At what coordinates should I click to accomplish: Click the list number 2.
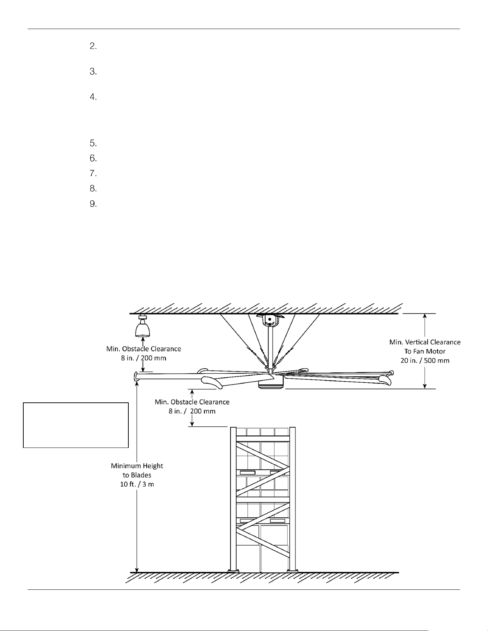pos(93,46)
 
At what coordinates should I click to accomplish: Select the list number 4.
pos(93,97)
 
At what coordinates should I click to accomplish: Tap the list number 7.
pos(93,173)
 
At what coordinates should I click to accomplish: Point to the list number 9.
pos(93,204)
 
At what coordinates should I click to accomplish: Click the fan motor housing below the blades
pos(271,384)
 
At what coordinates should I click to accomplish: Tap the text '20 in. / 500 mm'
pos(425,360)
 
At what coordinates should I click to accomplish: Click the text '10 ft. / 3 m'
pos(137,484)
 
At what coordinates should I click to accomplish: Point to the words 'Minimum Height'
pos(137,466)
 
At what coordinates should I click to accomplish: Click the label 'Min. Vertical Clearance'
pos(425,342)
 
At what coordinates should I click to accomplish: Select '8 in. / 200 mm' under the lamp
pos(143,358)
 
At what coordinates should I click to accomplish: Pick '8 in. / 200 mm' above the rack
pos(192,411)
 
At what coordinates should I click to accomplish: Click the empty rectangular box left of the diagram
pos(76,425)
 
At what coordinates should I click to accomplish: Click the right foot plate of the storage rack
pos(292,571)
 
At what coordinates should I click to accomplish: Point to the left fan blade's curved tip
pos(136,377)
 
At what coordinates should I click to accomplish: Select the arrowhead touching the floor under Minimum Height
pos(137,570)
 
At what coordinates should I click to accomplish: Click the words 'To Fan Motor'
pos(425,352)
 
